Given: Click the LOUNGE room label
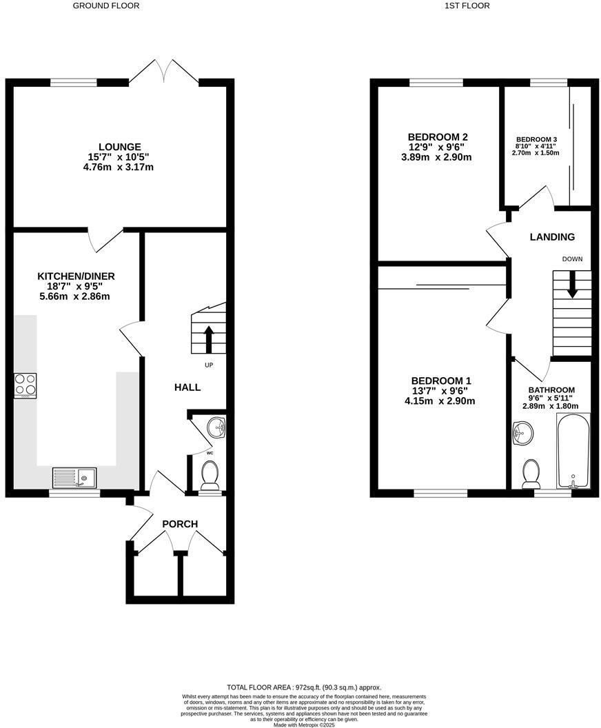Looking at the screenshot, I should click(x=120, y=147).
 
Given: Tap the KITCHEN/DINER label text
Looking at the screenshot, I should click(x=76, y=276).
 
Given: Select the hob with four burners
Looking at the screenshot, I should click(x=26, y=385).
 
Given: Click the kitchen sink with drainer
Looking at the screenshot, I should click(x=75, y=476).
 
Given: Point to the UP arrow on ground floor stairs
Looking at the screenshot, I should click(x=209, y=337).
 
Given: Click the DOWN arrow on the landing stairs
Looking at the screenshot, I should click(x=571, y=284).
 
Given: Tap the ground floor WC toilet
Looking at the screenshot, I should click(x=208, y=474).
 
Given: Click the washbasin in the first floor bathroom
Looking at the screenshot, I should click(x=520, y=434).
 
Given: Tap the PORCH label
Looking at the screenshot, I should click(x=180, y=524).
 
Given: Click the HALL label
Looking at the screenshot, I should click(x=187, y=387).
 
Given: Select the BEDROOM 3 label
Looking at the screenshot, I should click(x=536, y=139).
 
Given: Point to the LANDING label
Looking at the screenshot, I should click(x=552, y=237).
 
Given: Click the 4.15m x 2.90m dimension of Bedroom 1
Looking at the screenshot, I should click(x=440, y=401).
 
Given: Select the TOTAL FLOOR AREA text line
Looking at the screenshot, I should click(x=304, y=687).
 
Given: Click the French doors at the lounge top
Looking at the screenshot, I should click(x=164, y=72).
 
